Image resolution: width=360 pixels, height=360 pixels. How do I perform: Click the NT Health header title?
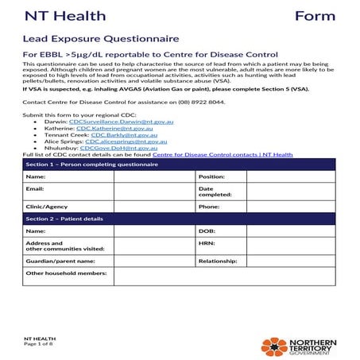(57, 17)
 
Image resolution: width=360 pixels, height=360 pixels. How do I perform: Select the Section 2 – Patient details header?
(180, 217)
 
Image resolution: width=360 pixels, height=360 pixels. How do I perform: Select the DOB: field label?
(207, 230)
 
